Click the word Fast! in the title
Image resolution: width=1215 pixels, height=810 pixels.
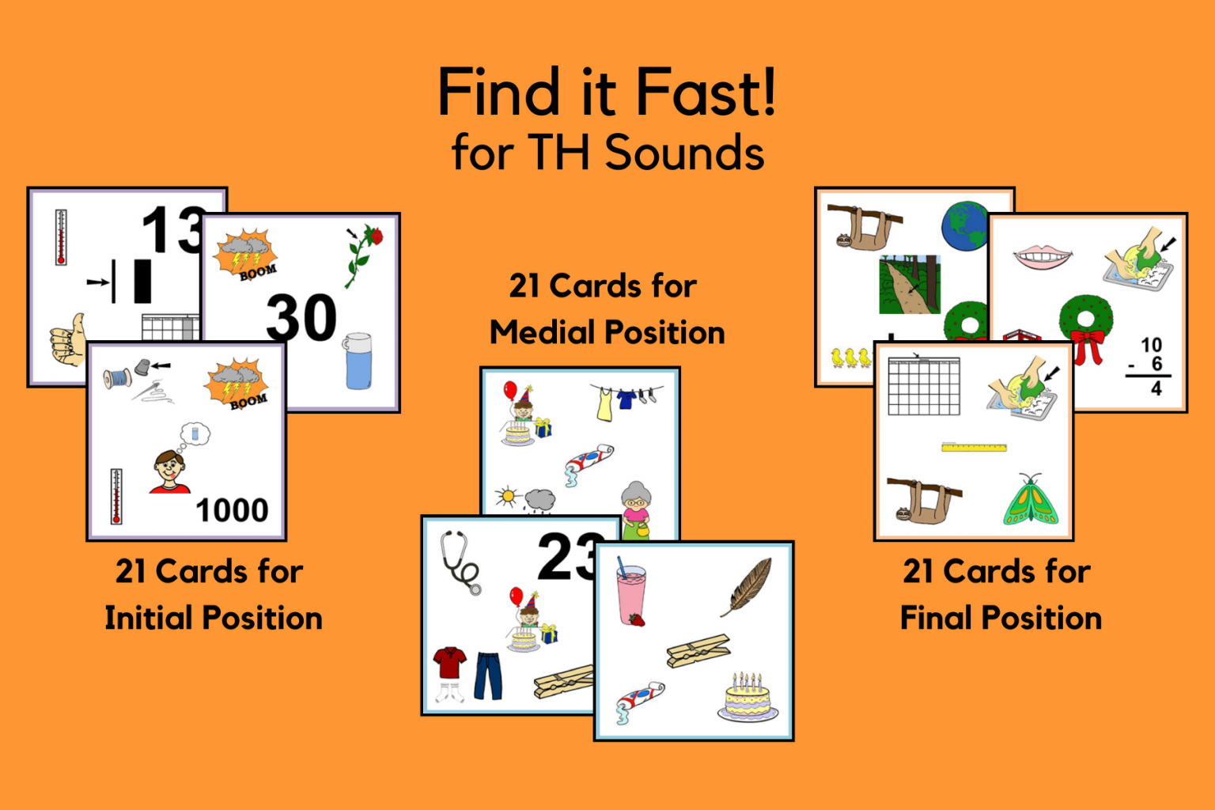coord(706,93)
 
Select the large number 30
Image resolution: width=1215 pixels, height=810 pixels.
coord(301,318)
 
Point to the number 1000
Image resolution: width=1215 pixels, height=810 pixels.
coord(232,510)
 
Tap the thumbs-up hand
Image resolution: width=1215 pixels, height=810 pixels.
coord(68,340)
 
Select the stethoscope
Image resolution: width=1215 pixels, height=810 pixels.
coord(460,561)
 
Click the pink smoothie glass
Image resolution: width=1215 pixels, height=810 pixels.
coord(631,595)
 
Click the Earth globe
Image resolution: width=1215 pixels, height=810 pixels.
coord(964,226)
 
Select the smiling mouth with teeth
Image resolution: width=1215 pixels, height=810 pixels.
coord(1043,257)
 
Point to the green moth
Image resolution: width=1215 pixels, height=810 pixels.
coord(1030,502)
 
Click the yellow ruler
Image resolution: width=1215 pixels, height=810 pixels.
coord(974,448)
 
